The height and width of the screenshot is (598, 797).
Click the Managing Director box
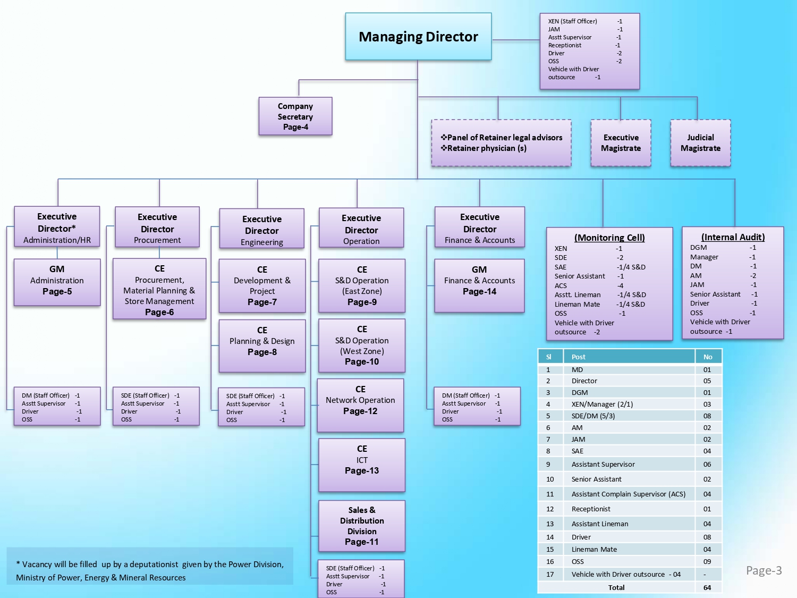[x=418, y=37]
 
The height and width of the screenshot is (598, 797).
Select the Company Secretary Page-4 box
[x=295, y=116]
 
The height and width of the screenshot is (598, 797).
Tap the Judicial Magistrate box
[x=700, y=143]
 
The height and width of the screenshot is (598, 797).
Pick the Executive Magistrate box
[x=621, y=143]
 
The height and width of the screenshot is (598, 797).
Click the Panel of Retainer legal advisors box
[x=501, y=143]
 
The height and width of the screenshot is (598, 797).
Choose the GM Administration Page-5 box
[x=57, y=281]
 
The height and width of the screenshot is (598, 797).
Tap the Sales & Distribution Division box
[x=362, y=526]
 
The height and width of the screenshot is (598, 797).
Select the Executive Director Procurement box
[x=157, y=228]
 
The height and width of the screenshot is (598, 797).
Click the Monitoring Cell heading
[x=609, y=238]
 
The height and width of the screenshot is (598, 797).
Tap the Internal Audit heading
[x=733, y=237]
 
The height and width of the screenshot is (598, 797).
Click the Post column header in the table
[x=579, y=357]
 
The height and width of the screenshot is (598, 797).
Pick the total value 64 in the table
[x=707, y=587]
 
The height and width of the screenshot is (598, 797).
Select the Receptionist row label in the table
[x=591, y=509]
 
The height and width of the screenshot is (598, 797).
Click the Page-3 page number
[x=764, y=570]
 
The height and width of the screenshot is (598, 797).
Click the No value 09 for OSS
[x=707, y=561]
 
